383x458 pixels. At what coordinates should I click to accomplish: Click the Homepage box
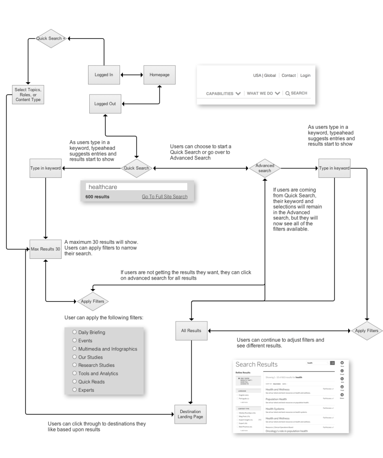(159, 75)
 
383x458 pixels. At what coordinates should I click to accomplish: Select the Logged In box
(104, 75)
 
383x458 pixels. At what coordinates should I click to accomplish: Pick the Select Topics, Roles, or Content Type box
(28, 94)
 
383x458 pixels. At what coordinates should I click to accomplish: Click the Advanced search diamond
(265, 168)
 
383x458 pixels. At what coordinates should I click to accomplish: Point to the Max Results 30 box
(45, 249)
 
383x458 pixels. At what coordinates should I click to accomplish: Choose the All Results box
(191, 330)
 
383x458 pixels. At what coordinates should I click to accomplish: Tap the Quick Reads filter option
(91, 382)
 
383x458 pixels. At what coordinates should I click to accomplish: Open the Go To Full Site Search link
(165, 197)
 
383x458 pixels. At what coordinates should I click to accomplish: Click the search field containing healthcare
(136, 186)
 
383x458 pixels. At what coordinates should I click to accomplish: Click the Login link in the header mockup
(305, 76)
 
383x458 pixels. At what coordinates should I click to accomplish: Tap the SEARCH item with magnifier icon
(296, 93)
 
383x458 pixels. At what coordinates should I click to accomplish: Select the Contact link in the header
(288, 76)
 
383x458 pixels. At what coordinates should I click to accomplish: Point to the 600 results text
(97, 197)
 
